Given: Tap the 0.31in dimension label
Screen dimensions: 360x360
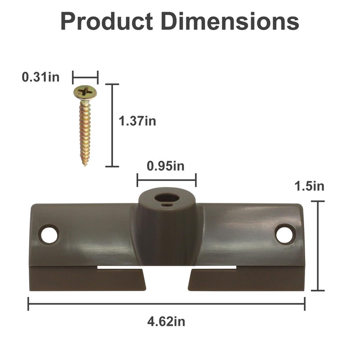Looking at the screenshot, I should pos(40,77).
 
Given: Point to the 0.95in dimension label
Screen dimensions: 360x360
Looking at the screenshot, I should pos(166,166).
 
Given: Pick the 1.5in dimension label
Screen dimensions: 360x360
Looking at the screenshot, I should pos(309,186).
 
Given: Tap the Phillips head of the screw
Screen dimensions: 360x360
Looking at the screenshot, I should pos(85,93).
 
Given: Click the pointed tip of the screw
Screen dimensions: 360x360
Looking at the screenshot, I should pos(85,164).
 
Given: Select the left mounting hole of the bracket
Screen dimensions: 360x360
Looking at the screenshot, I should pos(49,234).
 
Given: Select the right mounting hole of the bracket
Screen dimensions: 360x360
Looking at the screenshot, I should pos(285,234).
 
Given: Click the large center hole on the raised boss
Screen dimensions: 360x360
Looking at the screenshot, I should pos(166,197).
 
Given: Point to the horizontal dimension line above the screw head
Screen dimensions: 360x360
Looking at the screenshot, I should pos(85,77).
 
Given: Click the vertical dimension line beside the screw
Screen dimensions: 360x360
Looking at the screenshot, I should pos(112,125).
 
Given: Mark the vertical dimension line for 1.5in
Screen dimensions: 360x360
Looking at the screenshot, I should pos(318,246).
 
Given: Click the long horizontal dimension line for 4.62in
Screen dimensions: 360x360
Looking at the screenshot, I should pos(166,304).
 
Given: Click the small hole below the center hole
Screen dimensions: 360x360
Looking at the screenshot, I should pos(167,205).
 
